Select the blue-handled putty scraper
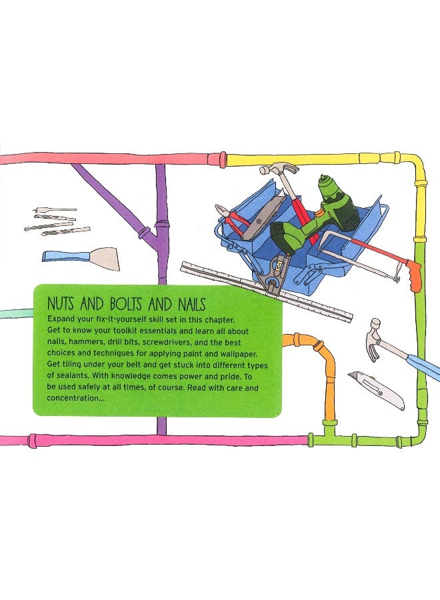click(x=81, y=258)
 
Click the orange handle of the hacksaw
click(x=415, y=276)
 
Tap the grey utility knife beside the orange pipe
click(x=377, y=390)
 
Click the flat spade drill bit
click(x=55, y=210)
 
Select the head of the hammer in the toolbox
click(x=279, y=168)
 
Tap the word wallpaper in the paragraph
click(x=237, y=353)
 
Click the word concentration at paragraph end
click(x=73, y=398)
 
